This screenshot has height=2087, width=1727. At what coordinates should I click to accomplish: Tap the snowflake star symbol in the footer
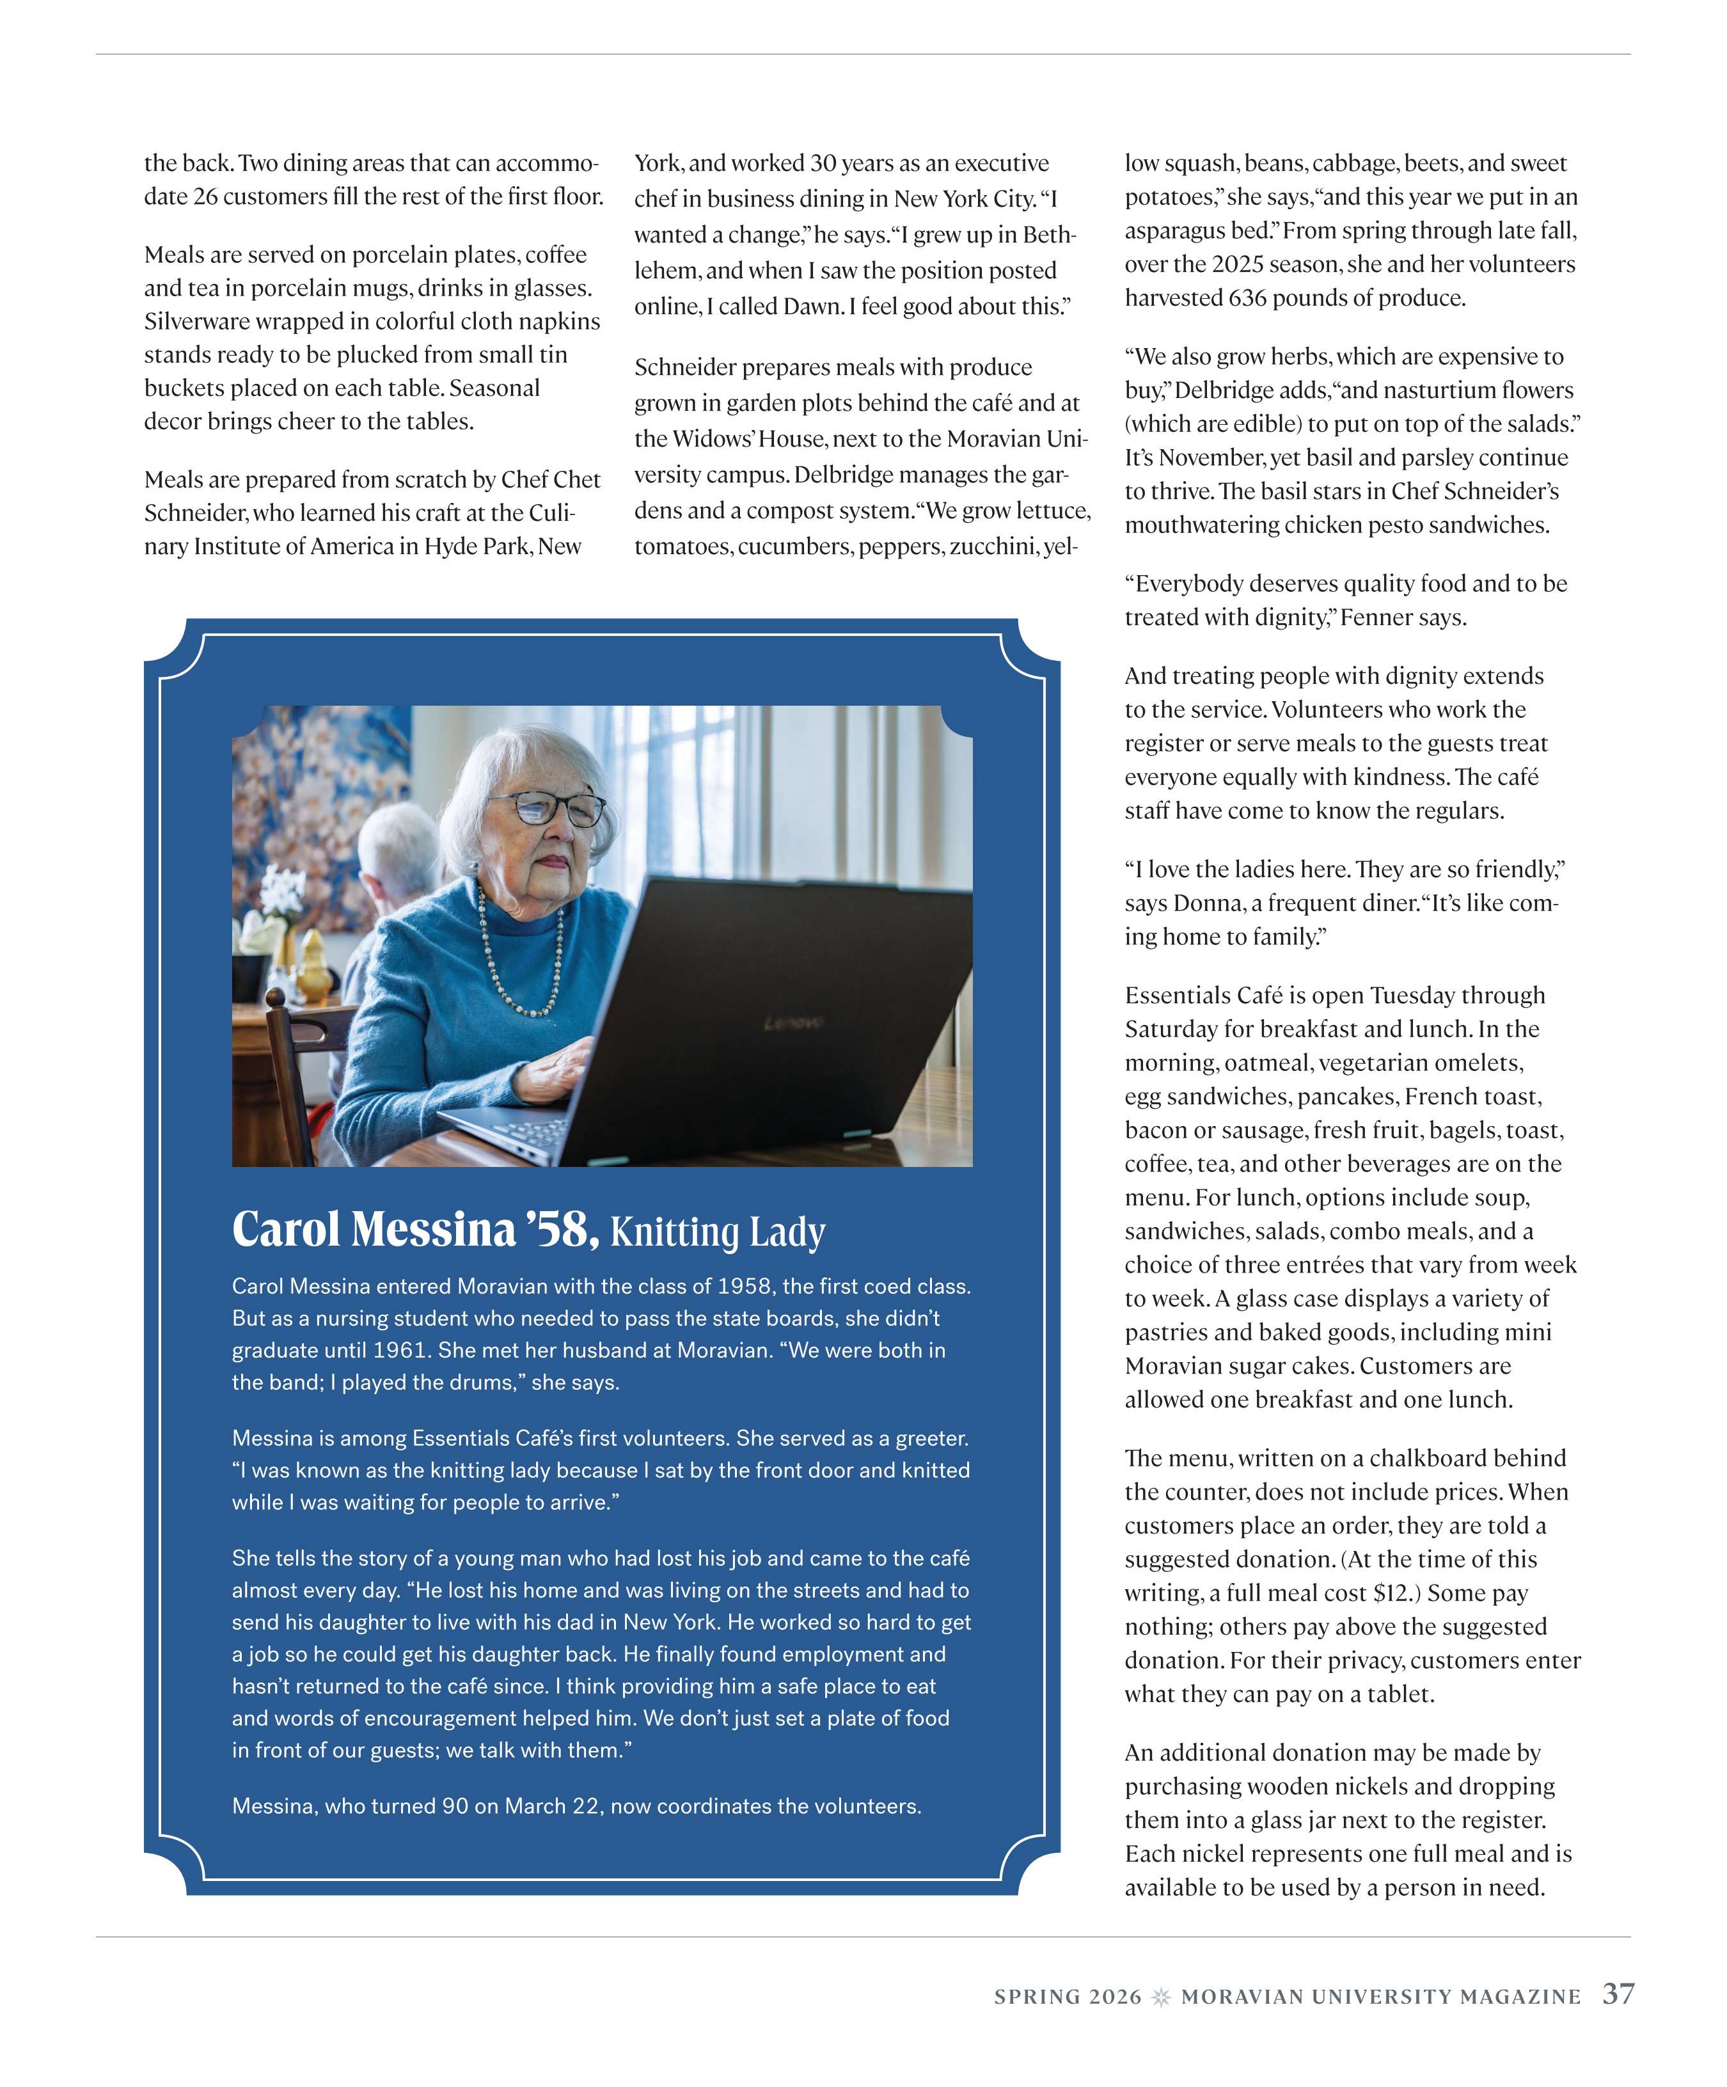pyautogui.click(x=1160, y=1997)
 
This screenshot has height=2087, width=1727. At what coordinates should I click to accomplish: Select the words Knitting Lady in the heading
pyautogui.click(x=718, y=1232)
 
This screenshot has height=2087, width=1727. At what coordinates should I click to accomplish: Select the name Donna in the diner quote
pyautogui.click(x=1208, y=903)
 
